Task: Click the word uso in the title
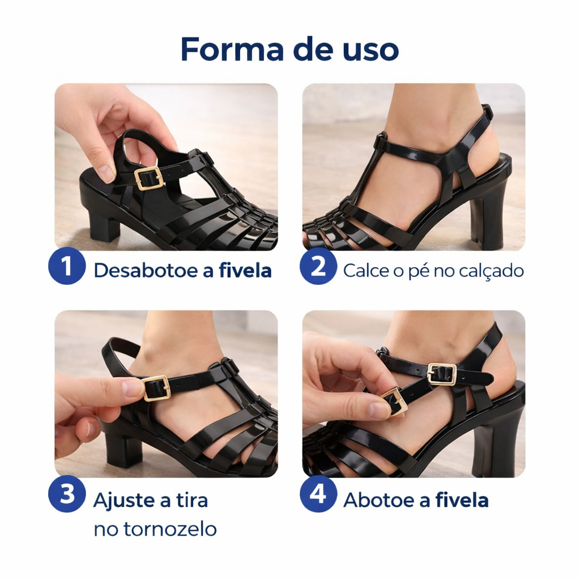pos(370,52)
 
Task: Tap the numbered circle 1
pos(67,266)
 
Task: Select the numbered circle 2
pos(318,266)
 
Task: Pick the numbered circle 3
pos(67,494)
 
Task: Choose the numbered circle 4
pos(318,494)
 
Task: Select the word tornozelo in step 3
pos(170,529)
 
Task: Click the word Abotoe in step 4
pos(379,500)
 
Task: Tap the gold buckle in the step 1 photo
pos(149,178)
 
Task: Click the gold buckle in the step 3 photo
pos(156,389)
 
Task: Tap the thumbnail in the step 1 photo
pos(106,173)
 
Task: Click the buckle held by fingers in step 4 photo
pos(394,403)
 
